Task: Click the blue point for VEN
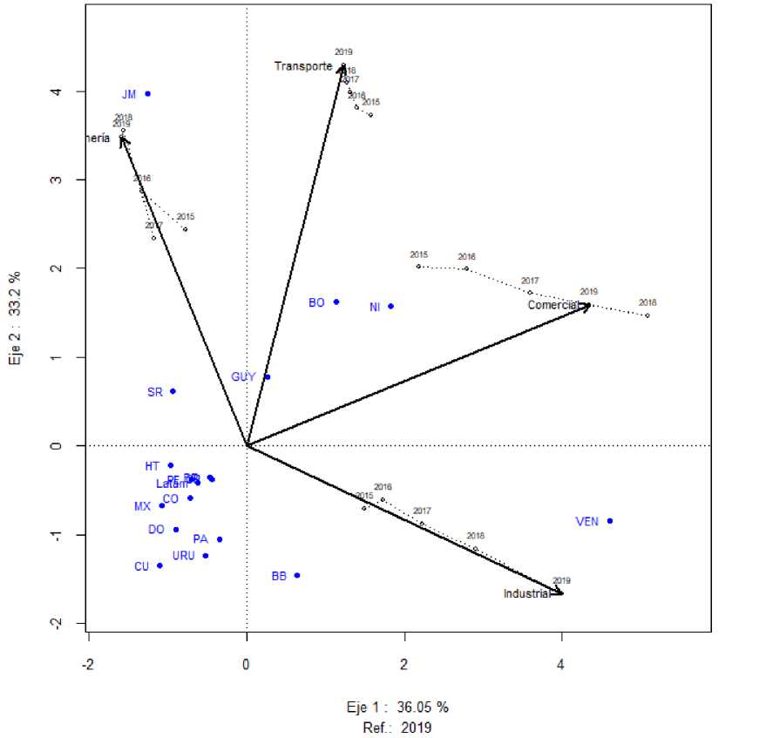coord(610,521)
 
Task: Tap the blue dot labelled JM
coord(147,93)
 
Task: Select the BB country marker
coord(297,575)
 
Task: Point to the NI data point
coord(391,306)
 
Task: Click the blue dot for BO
coord(336,301)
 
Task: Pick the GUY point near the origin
coord(268,376)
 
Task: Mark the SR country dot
coord(173,391)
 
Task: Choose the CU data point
coord(159,565)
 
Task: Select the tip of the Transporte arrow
coord(343,64)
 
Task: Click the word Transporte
coord(303,66)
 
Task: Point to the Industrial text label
coord(527,594)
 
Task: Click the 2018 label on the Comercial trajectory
coord(647,303)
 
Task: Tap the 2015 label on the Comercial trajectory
coord(419,255)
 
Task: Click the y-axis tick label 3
coord(56,179)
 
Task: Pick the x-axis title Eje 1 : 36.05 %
coord(398,707)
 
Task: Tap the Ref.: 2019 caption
coord(398,726)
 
